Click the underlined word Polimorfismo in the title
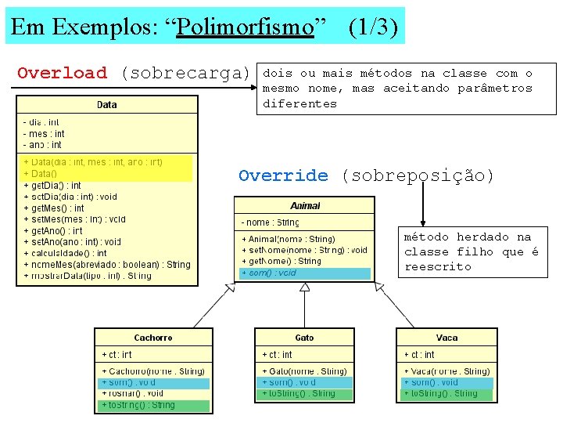click(x=245, y=27)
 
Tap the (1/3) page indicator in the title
click(x=373, y=27)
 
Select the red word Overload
click(x=62, y=74)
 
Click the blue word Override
click(x=283, y=175)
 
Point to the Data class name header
click(x=107, y=104)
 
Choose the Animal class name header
click(x=305, y=205)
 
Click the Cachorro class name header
click(x=153, y=338)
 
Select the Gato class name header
click(x=305, y=338)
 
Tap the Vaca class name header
click(x=446, y=338)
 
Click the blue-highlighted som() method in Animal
click(x=270, y=273)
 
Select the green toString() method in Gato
click(x=299, y=393)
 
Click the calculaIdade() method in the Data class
click(x=66, y=253)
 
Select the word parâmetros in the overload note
click(x=497, y=89)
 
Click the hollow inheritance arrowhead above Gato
click(x=305, y=287)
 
